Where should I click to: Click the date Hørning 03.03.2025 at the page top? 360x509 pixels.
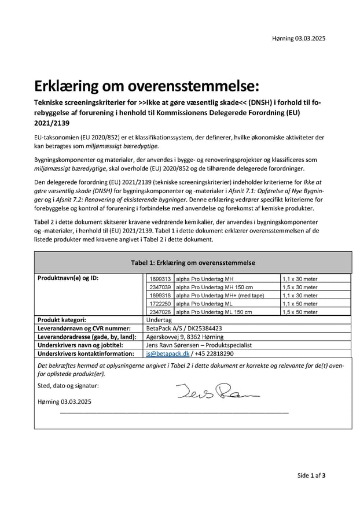(x=299, y=38)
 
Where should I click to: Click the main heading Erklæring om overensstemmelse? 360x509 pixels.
(x=146, y=86)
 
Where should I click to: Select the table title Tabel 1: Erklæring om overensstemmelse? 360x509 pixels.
(x=193, y=263)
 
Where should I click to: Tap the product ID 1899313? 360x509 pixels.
(x=160, y=279)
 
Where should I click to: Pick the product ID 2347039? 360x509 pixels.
(x=160, y=287)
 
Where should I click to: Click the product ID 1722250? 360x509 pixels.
(x=160, y=304)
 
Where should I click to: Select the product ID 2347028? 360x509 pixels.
(x=160, y=312)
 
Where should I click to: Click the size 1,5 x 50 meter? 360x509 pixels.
(x=300, y=312)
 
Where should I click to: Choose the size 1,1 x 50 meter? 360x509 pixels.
(x=300, y=304)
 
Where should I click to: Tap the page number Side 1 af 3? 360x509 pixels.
(x=311, y=475)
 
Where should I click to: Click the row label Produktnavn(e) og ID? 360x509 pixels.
(x=68, y=278)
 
